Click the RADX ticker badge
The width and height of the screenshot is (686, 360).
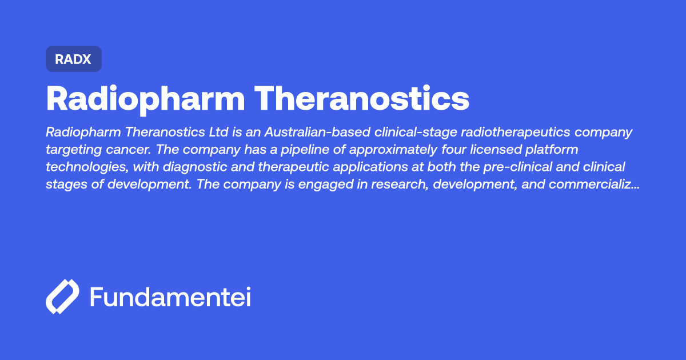click(73, 59)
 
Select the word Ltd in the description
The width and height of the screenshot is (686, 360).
click(218, 133)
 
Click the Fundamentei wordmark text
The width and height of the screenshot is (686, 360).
click(170, 297)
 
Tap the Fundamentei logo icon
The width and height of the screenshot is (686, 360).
click(62, 297)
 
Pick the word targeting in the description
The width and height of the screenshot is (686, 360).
click(69, 150)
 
